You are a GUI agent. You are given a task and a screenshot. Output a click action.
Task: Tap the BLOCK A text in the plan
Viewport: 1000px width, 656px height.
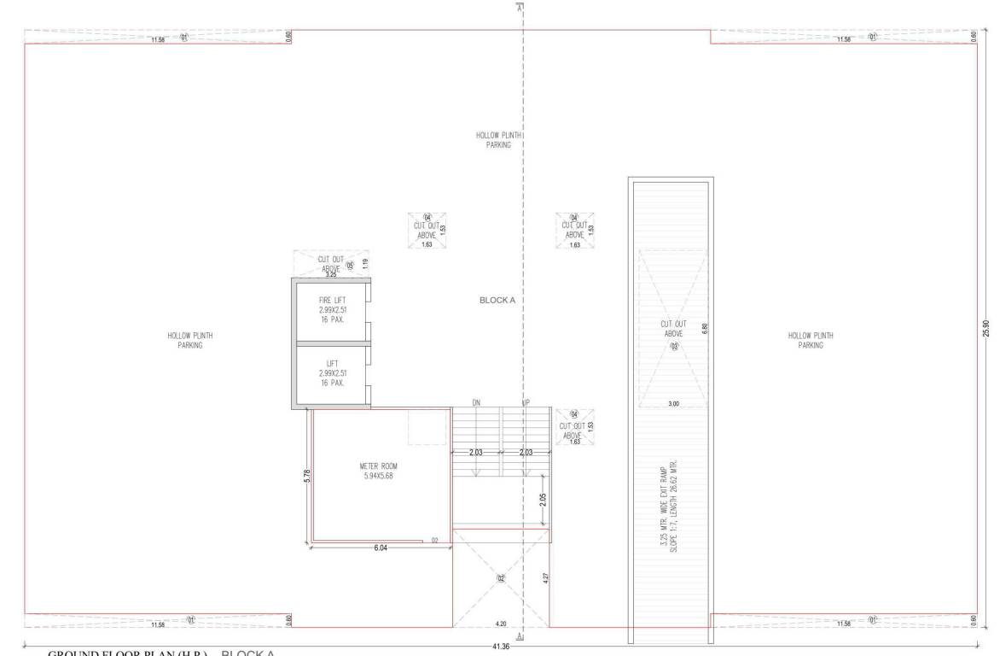[498, 301]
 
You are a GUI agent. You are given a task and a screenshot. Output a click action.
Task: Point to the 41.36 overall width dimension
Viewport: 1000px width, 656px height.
[501, 647]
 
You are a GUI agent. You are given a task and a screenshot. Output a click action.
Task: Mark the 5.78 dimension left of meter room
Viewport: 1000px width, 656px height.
[307, 475]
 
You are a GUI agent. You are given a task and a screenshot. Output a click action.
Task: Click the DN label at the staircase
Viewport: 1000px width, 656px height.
[477, 401]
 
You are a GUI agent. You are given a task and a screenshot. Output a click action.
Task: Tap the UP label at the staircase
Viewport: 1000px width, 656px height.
[526, 401]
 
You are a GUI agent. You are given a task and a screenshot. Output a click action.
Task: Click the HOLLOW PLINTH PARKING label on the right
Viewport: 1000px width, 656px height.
[811, 341]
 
